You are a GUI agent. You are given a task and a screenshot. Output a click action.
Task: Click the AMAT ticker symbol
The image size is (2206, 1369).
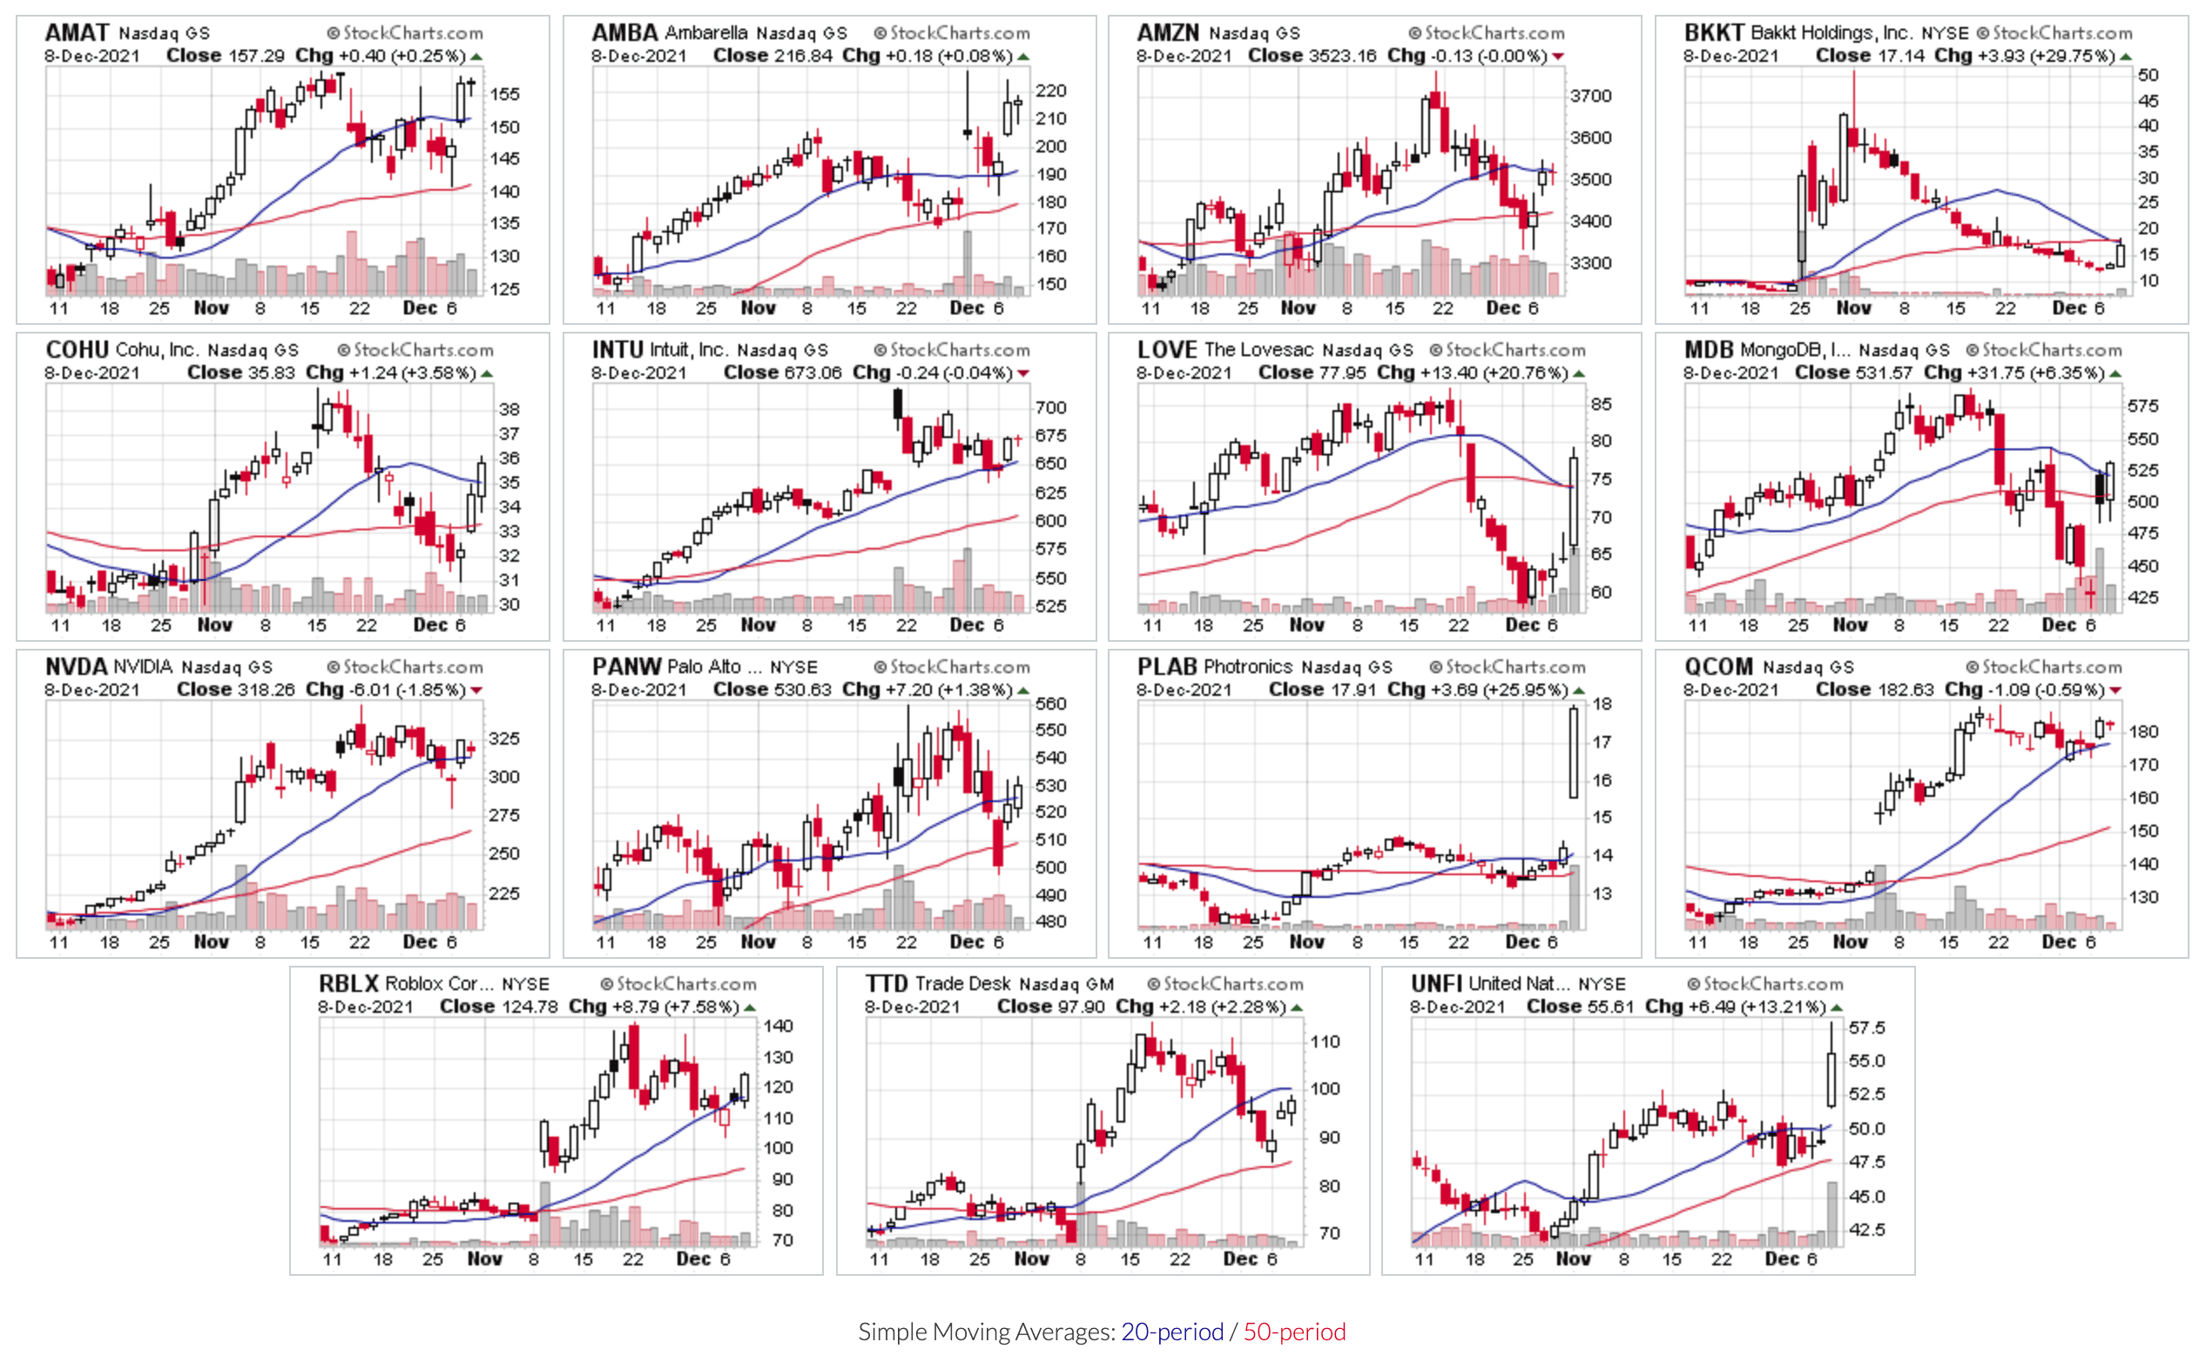[76, 32]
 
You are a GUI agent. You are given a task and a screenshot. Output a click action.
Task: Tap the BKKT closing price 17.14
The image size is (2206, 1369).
[1899, 55]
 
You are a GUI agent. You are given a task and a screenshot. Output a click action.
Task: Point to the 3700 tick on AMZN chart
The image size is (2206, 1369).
[1590, 96]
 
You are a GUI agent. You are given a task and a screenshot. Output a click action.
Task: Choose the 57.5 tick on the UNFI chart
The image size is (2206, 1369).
[1866, 1028]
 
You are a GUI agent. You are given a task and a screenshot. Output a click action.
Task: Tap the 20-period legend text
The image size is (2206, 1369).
[1171, 1331]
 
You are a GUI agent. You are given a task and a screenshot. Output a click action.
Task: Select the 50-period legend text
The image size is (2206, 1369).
[1293, 1331]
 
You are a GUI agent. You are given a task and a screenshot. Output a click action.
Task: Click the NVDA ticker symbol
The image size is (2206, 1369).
[76, 666]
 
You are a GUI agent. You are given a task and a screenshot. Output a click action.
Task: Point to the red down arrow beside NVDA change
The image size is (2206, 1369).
[476, 690]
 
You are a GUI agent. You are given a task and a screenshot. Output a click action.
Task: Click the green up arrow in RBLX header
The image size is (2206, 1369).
[750, 1007]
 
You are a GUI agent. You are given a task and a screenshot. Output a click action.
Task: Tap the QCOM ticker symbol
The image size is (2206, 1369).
[1717, 666]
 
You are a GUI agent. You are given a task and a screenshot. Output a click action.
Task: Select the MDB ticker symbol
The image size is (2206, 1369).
[1708, 349]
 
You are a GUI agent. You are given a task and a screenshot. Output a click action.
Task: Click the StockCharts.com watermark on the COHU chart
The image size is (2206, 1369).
[416, 349]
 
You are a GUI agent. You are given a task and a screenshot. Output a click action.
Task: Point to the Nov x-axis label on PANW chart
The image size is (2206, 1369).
[758, 941]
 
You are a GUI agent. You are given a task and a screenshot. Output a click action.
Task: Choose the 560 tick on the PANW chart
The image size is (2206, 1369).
[1051, 704]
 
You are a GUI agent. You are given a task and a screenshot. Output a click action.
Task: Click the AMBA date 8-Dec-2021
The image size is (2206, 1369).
[639, 55]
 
